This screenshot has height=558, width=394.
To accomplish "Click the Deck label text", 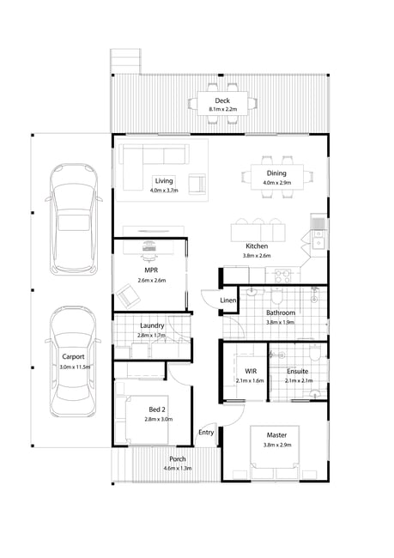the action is [222, 100].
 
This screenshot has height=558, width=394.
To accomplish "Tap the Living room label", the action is [164, 181].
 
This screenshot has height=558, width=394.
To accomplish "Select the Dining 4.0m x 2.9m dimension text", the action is [277, 183].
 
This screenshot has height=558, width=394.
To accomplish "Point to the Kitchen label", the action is [257, 246].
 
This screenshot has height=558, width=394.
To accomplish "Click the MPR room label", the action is [151, 270].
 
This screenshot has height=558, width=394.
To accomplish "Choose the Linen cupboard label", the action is [227, 300].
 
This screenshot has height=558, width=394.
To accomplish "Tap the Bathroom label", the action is [281, 312].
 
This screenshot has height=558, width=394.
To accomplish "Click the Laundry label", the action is [152, 325].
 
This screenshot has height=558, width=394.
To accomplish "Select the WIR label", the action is [251, 371].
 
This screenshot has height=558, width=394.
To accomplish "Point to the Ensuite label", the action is [298, 371].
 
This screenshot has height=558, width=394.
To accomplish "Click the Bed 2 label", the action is [157, 409].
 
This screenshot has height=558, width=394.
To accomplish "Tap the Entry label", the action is [206, 433].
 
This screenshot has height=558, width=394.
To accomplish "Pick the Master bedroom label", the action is [276, 435].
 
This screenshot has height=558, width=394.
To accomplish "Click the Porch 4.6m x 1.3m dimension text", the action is [177, 469].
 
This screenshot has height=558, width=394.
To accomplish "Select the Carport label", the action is [73, 356].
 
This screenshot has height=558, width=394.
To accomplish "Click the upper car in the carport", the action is [74, 219].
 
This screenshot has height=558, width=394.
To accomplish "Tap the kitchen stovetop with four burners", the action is [283, 276].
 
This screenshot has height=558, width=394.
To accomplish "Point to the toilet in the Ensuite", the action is [315, 353].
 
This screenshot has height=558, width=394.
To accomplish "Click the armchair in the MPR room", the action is [128, 296].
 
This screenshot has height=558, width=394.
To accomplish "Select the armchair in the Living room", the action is [197, 184].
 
